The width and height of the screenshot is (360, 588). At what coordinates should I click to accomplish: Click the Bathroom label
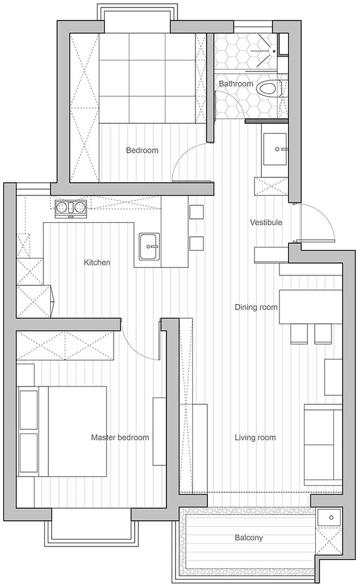[236, 84]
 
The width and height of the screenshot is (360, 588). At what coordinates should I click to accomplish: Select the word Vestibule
[266, 223]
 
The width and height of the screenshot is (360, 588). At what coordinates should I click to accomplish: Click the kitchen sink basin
[150, 246]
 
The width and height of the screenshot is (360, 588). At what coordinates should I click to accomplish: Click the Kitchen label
[97, 262]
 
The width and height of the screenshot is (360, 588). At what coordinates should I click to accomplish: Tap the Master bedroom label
[120, 437]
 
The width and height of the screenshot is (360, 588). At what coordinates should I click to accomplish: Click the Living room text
[255, 437]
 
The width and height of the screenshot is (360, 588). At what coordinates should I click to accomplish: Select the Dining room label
[256, 307]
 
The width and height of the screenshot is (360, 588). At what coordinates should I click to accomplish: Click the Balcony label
[248, 538]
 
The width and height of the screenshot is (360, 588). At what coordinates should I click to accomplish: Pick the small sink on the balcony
[329, 517]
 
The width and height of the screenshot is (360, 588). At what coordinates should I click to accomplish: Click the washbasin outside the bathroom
[274, 149]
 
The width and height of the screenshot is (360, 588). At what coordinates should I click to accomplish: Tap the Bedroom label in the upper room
[142, 150]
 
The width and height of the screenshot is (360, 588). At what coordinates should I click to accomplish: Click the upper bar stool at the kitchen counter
[196, 212]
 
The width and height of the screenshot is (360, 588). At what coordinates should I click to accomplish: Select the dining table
[310, 307]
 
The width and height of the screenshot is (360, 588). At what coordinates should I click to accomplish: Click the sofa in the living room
[323, 445]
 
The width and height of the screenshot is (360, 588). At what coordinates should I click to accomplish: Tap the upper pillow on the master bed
[29, 410]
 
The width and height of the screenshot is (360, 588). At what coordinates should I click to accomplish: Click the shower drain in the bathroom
[274, 51]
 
